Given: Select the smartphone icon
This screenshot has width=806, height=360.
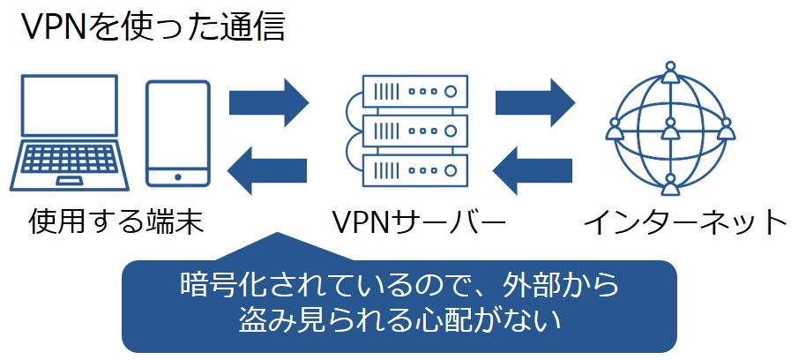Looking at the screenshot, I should [177, 133].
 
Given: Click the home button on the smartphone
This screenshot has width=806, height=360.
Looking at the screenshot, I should [177, 176].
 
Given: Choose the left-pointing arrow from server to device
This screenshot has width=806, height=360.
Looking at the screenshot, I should [267, 165].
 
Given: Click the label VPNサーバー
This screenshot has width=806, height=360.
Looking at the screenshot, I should [419, 221].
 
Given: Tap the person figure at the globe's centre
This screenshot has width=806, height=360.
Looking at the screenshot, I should [670, 131].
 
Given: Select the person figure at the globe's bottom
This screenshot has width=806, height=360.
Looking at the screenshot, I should [670, 185].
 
